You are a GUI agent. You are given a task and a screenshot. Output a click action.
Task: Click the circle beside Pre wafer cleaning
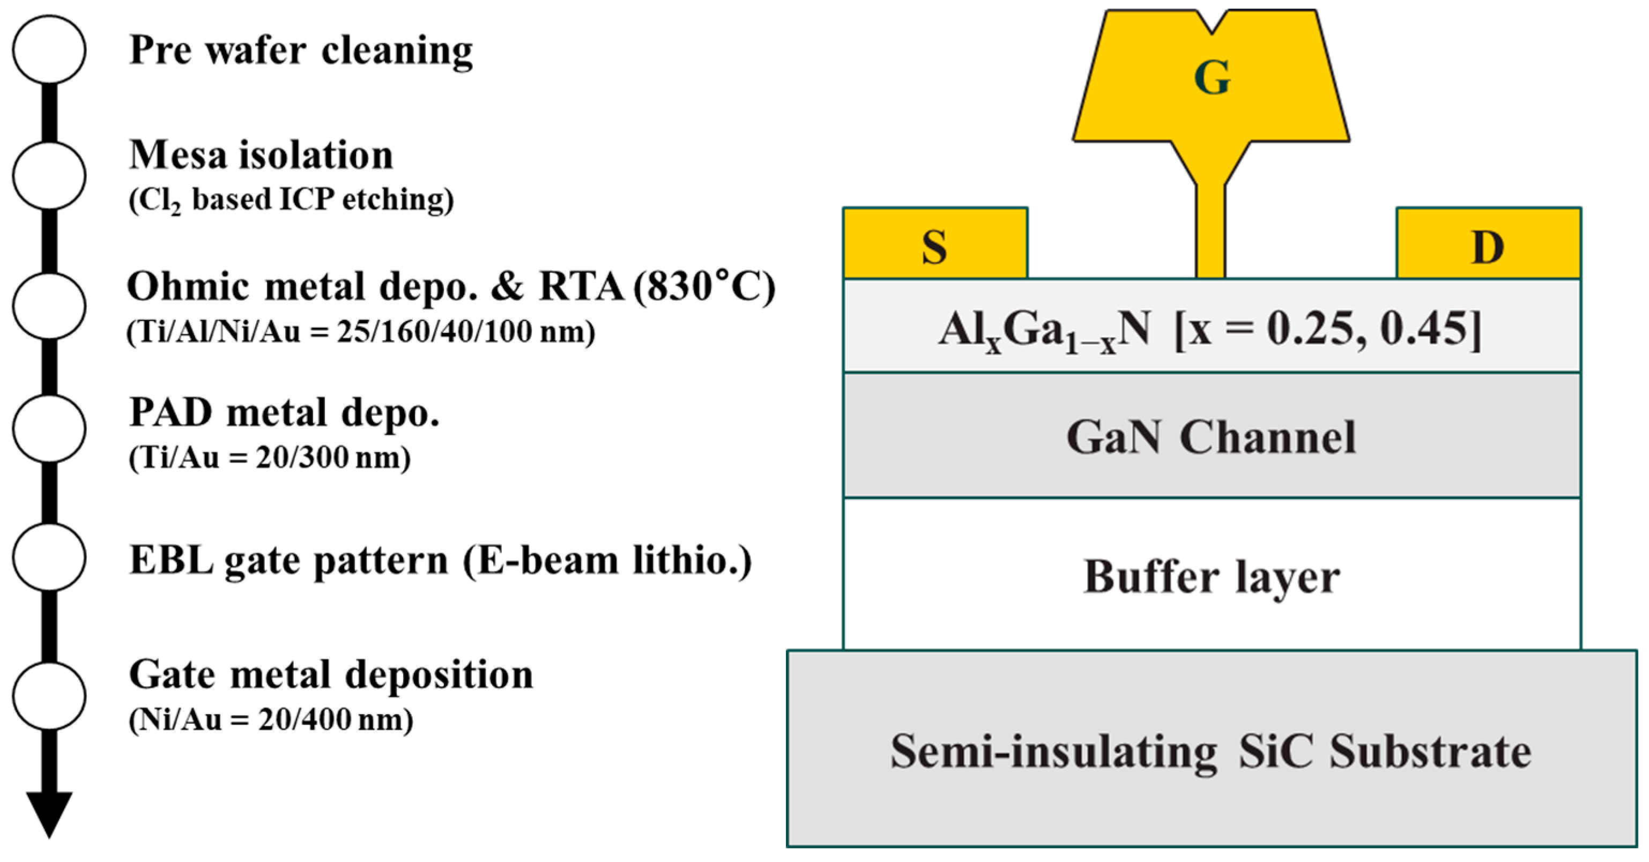click(x=49, y=50)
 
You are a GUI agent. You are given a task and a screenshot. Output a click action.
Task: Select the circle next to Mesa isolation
click(x=49, y=175)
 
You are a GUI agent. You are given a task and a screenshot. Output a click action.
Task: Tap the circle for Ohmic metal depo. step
click(x=49, y=306)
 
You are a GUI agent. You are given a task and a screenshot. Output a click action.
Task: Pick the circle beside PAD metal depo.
click(x=49, y=429)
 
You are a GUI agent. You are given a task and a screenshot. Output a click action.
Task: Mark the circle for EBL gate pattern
click(x=49, y=557)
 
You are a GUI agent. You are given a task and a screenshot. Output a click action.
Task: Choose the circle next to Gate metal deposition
click(x=49, y=696)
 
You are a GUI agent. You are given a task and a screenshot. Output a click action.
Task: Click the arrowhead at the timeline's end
click(x=49, y=813)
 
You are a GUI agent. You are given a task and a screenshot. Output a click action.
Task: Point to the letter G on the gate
click(x=1212, y=78)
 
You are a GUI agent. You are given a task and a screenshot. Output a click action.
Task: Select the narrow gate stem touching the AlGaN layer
click(x=1210, y=237)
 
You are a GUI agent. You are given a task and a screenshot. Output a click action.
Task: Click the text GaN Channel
click(x=1210, y=438)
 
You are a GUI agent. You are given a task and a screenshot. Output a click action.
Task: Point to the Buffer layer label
click(x=1210, y=577)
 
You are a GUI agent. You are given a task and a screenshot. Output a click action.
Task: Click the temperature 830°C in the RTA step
click(x=704, y=286)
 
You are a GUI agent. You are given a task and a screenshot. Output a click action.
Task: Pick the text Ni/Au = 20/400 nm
click(x=271, y=720)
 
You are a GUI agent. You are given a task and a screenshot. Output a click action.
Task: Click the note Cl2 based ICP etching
click(x=291, y=199)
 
